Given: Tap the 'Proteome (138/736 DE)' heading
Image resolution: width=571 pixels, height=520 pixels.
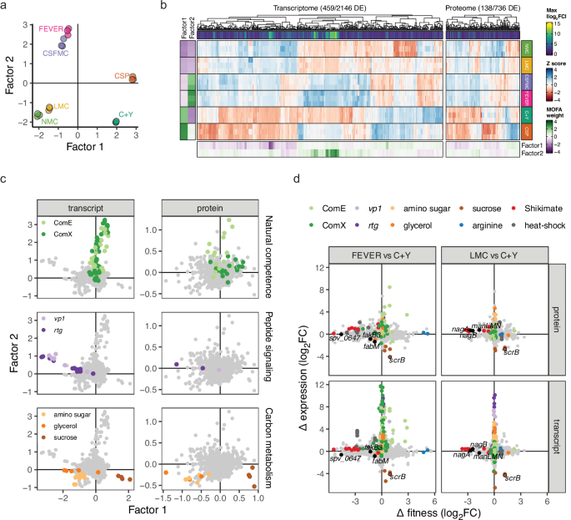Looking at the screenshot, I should pos(478,8).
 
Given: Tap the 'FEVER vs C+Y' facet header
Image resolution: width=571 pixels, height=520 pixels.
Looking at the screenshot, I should pos(380,254).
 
